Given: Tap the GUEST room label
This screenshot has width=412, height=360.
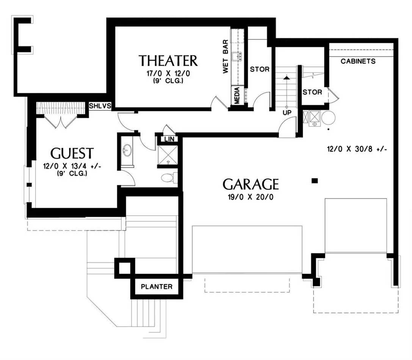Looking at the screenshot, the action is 72,153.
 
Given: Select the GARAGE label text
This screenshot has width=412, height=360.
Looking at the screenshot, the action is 251,184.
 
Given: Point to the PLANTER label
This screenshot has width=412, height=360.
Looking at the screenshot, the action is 157,286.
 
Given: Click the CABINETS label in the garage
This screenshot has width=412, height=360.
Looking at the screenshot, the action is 358,61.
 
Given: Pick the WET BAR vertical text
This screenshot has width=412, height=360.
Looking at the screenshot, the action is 226,56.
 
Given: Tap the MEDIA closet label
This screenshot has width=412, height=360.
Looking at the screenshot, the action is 237,95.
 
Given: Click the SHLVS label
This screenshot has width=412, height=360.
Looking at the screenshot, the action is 100,106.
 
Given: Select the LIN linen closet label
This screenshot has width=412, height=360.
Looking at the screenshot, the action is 169,139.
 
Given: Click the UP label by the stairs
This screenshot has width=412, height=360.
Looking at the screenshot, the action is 287,113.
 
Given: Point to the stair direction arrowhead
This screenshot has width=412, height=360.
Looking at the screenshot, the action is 287,78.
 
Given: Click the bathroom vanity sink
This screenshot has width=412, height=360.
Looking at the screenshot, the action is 127,150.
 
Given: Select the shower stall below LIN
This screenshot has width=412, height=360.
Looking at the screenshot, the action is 168,155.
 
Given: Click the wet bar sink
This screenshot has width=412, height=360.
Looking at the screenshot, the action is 237,56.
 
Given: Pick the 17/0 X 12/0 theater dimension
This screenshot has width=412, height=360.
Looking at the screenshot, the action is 168,73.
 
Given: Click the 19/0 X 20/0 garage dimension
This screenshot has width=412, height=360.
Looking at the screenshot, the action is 251,197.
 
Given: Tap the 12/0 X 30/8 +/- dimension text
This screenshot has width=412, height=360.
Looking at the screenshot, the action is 357,149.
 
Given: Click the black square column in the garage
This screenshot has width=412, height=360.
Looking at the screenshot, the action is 315,180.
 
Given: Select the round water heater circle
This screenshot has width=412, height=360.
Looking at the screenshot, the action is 328,117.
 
